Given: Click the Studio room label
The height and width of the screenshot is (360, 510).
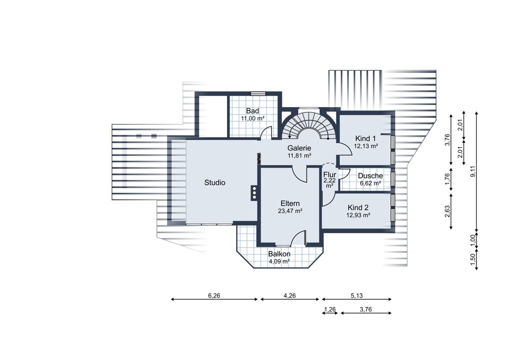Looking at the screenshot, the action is [x=215, y=183].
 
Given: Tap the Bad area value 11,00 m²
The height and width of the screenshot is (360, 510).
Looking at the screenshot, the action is [x=252, y=118].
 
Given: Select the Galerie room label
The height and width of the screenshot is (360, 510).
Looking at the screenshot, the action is [x=299, y=148].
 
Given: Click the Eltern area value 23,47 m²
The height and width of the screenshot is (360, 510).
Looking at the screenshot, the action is [x=290, y=211].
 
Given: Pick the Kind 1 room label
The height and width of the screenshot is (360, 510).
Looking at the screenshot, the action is [x=366, y=139].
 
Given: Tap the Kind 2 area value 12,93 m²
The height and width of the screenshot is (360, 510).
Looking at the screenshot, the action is [x=358, y=215].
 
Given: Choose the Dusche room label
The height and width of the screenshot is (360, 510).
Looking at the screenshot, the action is [x=370, y=176].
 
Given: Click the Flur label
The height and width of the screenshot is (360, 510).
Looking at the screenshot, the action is [x=329, y=175].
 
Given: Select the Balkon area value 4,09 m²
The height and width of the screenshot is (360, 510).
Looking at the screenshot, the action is [x=279, y=262].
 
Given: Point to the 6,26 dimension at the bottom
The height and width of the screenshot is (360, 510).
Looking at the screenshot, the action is [x=214, y=296].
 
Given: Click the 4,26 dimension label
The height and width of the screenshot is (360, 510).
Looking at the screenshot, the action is [x=290, y=296].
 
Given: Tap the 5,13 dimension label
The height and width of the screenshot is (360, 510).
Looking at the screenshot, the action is [x=356, y=296].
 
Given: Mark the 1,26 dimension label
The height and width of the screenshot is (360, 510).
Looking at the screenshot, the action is [x=330, y=310].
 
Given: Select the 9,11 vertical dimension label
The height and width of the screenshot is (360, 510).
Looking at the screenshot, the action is [x=473, y=171].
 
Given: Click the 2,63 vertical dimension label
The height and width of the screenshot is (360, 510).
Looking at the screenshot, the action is [x=447, y=212].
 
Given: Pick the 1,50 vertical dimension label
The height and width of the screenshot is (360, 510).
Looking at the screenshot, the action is [x=473, y=260].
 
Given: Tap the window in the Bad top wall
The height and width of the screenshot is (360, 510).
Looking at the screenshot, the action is [x=259, y=94].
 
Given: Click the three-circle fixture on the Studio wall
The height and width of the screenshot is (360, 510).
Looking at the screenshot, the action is [x=253, y=193].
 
